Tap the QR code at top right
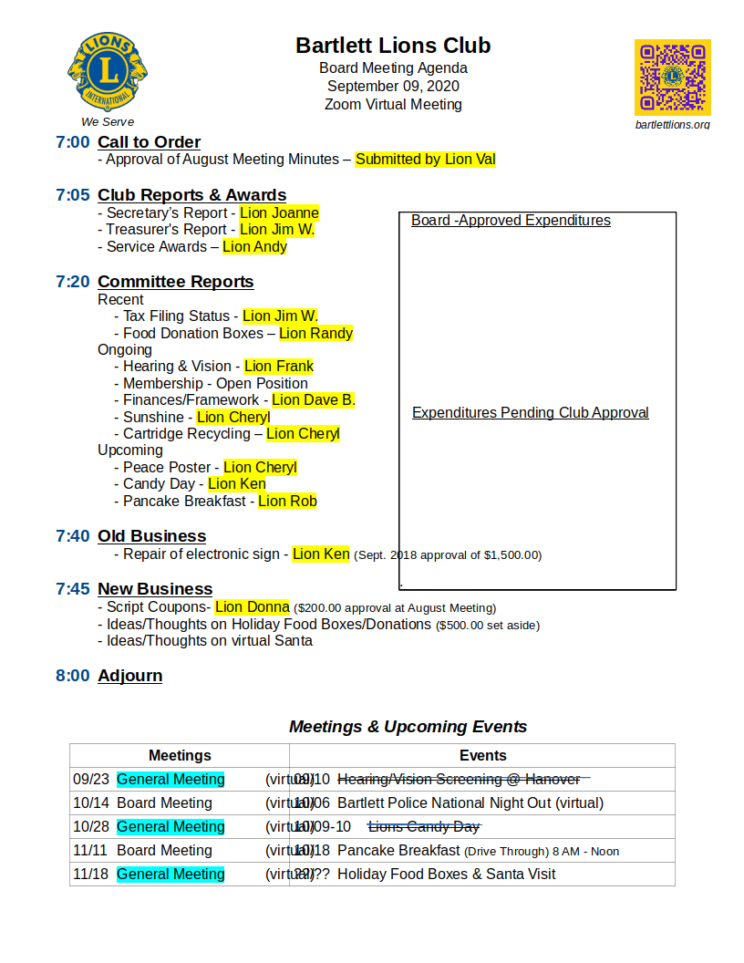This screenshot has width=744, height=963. (x=673, y=78)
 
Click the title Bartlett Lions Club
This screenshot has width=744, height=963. (x=393, y=46)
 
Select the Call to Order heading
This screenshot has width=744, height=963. (x=149, y=142)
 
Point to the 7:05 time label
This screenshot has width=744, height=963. (x=73, y=195)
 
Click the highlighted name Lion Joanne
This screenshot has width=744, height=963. (x=279, y=212)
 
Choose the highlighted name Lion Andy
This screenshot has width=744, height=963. (x=254, y=246)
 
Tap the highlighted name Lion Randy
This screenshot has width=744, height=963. (x=315, y=333)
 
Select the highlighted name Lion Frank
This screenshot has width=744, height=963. (x=278, y=366)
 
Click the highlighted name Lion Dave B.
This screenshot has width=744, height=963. (x=314, y=399)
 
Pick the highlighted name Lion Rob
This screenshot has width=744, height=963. (x=287, y=501)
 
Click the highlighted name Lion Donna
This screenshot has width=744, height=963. (x=253, y=606)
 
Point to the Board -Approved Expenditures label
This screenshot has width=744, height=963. (x=511, y=221)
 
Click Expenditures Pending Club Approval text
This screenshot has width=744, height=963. (x=530, y=413)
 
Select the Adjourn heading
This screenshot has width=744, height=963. (x=129, y=676)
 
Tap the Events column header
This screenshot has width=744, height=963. (x=482, y=755)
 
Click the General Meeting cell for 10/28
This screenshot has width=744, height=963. (x=170, y=826)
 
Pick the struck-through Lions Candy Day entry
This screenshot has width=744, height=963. (x=423, y=826)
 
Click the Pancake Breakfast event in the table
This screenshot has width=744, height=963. (x=398, y=850)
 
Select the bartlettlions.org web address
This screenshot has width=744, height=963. (x=672, y=124)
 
